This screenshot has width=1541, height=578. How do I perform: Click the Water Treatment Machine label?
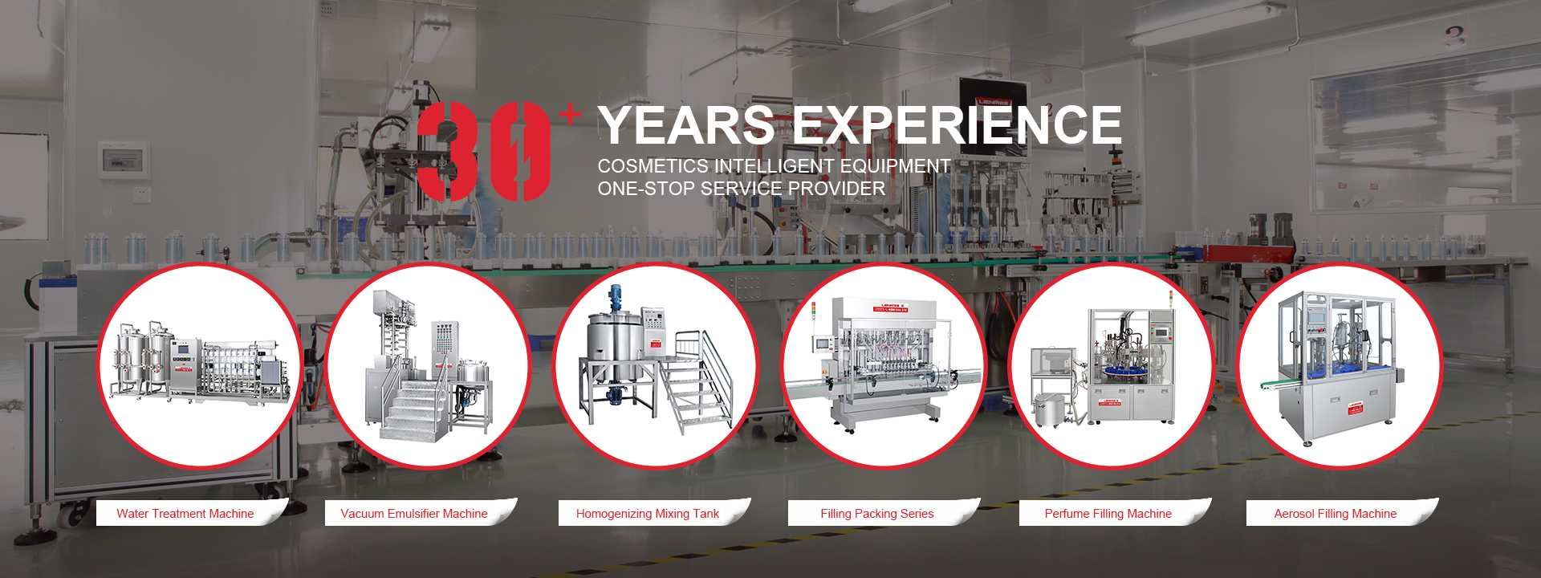[x=185, y=514]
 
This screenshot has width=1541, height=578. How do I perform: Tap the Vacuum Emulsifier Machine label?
[x=414, y=514]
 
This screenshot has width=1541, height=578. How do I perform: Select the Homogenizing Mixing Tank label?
[x=648, y=514]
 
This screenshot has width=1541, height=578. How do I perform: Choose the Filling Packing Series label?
[x=877, y=514]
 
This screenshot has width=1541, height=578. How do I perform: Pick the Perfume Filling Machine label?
[x=1108, y=514]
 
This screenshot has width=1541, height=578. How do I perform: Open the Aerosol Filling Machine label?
[x=1336, y=514]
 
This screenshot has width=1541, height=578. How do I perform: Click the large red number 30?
[x=484, y=152]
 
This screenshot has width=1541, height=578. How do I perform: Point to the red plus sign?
[x=570, y=115]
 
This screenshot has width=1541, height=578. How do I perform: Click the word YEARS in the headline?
[x=686, y=125]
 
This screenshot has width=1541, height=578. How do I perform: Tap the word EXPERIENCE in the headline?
[x=958, y=125]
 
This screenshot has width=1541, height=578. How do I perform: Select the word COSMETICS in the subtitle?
[x=653, y=166]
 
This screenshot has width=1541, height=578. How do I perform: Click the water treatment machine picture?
[x=200, y=365]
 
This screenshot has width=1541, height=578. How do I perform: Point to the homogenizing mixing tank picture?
[x=656, y=365]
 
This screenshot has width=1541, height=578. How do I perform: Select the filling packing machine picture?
[x=884, y=365]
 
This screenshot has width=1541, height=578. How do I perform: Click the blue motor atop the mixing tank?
[x=616, y=298]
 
